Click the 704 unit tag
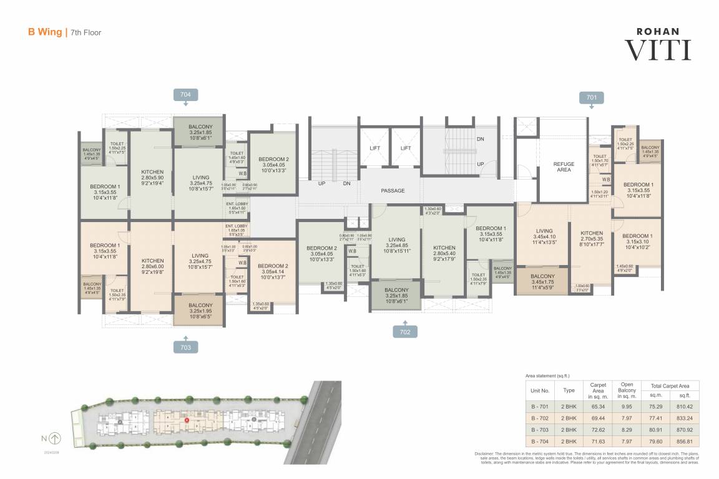[185, 94]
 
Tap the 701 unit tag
[591, 97]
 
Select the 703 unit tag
[185, 346]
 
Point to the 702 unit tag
[405, 332]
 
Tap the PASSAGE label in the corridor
[393, 191]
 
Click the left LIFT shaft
[375, 148]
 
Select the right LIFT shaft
[406, 148]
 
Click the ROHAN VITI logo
[658, 44]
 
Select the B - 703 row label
[540, 430]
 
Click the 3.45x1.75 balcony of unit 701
[542, 280]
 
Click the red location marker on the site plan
[187, 421]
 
